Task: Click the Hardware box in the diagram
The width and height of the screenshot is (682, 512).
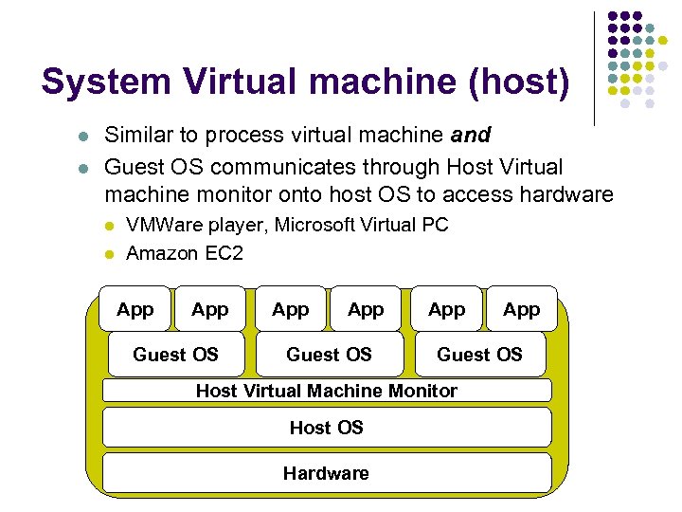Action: [326, 473]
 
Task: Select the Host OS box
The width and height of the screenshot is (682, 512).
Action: [326, 428]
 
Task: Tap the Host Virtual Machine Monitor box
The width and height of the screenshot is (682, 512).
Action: [326, 391]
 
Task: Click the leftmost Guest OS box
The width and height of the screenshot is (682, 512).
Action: [176, 355]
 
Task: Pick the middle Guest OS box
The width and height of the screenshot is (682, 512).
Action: [329, 355]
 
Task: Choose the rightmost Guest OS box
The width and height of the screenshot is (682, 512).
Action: [479, 355]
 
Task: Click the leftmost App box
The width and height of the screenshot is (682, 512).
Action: [135, 309]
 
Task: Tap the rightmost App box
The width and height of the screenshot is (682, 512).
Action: [521, 309]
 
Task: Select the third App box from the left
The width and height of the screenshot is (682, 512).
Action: [290, 309]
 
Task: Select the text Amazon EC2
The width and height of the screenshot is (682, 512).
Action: [185, 253]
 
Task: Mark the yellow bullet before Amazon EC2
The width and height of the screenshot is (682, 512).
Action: [111, 254]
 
